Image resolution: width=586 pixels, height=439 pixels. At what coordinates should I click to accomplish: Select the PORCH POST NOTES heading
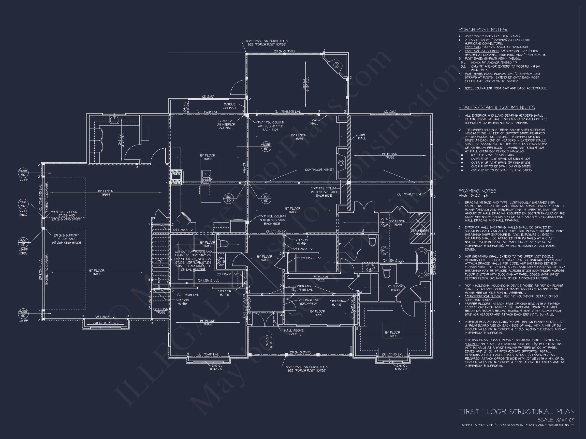[483, 30]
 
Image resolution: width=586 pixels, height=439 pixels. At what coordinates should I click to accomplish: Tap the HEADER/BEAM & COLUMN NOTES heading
[496, 107]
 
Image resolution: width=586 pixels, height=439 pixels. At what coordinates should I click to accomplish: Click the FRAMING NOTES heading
[477, 191]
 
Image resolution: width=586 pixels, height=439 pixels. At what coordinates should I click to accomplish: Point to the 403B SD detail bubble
[266, 147]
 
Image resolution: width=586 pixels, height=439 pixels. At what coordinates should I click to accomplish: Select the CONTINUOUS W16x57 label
[319, 170]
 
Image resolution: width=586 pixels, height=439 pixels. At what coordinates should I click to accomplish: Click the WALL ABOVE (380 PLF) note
[294, 332]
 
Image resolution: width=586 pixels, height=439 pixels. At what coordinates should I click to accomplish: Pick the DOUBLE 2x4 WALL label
[229, 106]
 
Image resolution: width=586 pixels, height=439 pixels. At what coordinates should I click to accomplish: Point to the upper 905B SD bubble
[23, 173]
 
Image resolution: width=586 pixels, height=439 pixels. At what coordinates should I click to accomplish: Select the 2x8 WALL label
[362, 136]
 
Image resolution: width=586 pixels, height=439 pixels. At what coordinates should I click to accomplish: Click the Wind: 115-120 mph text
[473, 196]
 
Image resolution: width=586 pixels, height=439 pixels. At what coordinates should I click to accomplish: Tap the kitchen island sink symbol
[206, 174]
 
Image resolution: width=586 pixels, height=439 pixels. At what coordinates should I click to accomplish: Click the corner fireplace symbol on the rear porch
[336, 65]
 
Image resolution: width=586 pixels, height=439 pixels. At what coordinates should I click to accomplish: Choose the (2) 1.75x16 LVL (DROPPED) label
[308, 302]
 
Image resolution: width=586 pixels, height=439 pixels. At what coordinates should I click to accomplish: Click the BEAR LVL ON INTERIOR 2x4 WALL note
[226, 124]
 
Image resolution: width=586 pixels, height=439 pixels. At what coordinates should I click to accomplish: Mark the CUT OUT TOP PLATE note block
[193, 261]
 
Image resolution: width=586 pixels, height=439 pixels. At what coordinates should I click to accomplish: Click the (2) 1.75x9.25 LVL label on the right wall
[409, 194]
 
